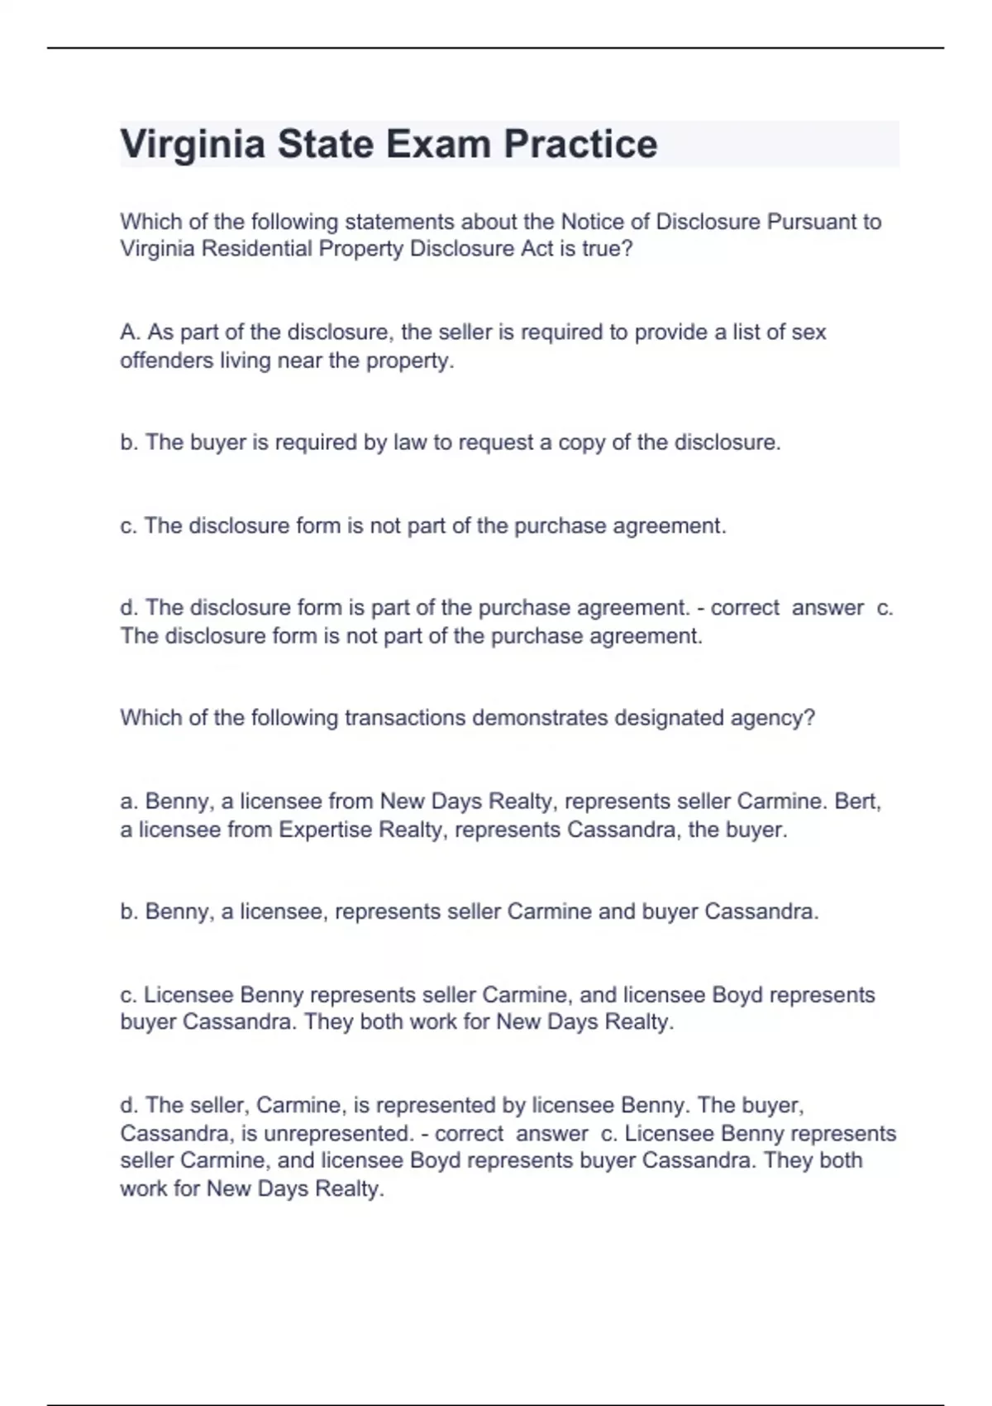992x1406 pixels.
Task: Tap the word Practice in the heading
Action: coord(580,144)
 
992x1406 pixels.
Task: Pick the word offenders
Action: coord(166,361)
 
